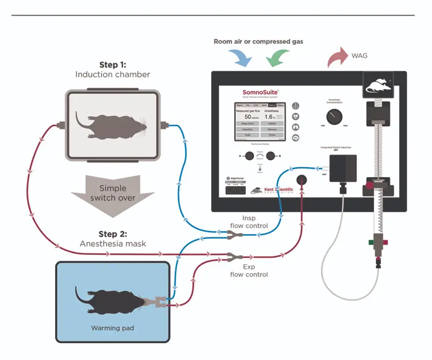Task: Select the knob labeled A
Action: coord(249,156)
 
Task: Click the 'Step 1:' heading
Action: coord(113,65)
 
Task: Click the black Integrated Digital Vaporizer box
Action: coord(343,167)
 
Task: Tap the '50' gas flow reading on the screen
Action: coord(248,117)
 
